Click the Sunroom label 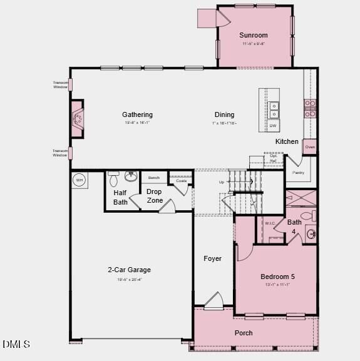click(x=254, y=36)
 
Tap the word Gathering click(x=137, y=114)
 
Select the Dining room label click(x=224, y=114)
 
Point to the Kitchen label click(x=287, y=141)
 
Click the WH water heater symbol click(x=79, y=180)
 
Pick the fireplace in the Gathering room click(x=77, y=118)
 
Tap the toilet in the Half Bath click(x=113, y=180)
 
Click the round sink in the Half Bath click(x=131, y=176)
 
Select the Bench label click(x=153, y=178)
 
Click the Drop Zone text click(x=155, y=196)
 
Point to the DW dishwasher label click(x=274, y=126)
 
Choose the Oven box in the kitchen click(x=310, y=147)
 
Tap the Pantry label click(x=298, y=172)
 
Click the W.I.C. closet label click(x=270, y=223)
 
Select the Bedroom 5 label click(x=277, y=277)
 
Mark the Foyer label click(x=212, y=258)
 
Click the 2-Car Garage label click(x=129, y=270)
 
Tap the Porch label click(x=244, y=333)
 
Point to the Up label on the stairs click(x=221, y=182)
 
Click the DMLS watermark click(x=16, y=344)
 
